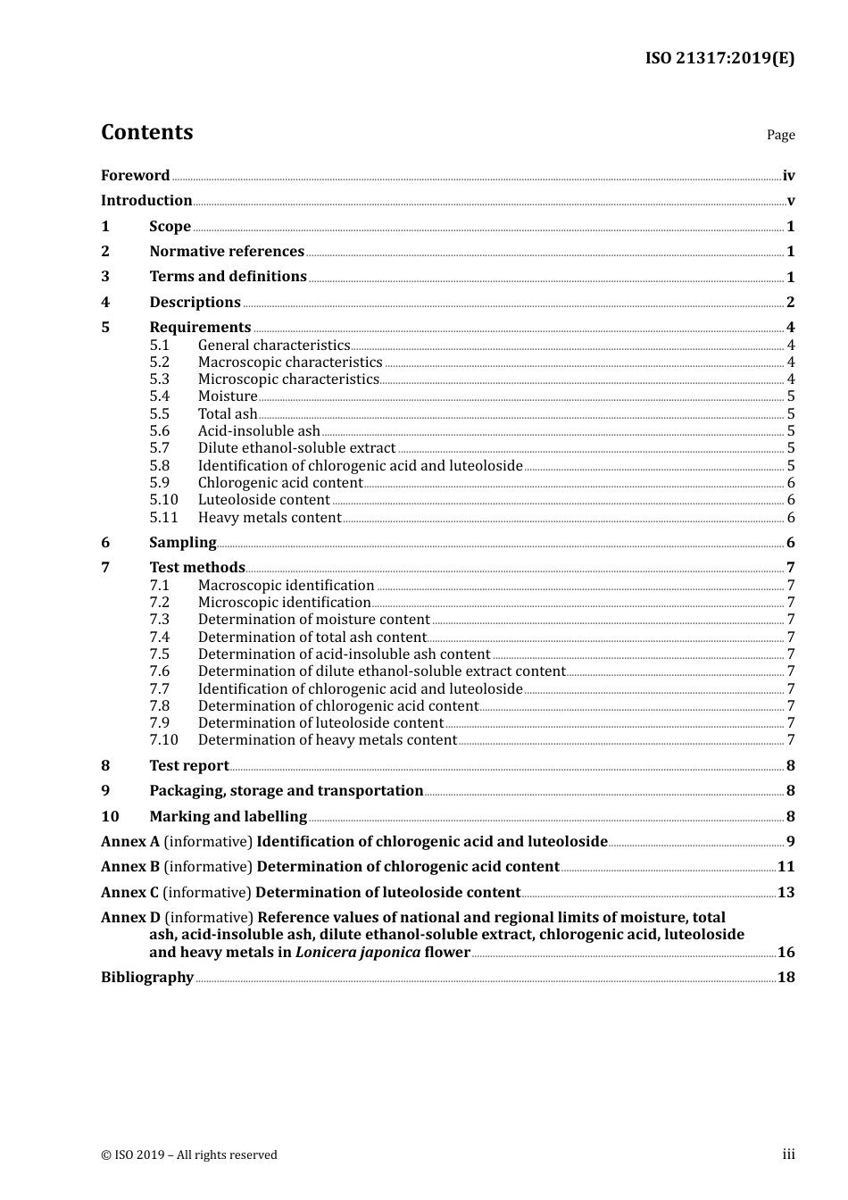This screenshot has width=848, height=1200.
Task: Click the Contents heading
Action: (146, 132)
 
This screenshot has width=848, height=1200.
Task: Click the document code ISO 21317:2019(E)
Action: (719, 58)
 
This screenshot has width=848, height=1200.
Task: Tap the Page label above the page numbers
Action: (780, 135)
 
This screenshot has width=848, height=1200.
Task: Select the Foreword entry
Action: (135, 176)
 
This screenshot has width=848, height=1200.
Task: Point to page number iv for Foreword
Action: (788, 176)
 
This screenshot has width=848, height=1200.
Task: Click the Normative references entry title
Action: (227, 252)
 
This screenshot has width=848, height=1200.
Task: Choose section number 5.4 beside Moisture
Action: (159, 396)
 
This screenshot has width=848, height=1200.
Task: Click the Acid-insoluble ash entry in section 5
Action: (259, 431)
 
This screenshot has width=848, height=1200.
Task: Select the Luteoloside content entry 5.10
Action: (263, 500)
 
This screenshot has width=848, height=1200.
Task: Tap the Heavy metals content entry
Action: (270, 518)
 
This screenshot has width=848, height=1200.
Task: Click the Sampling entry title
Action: (182, 543)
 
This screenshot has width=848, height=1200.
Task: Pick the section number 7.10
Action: (163, 740)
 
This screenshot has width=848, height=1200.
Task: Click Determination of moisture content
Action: (313, 620)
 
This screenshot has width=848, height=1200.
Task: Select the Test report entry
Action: (188, 766)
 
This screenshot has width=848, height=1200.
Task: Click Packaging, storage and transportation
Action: (286, 791)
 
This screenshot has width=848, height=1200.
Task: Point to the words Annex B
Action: (130, 867)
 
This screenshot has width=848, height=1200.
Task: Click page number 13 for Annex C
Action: (786, 893)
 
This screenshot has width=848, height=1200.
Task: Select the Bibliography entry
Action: (146, 978)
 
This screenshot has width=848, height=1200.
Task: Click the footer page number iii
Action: (788, 1154)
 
